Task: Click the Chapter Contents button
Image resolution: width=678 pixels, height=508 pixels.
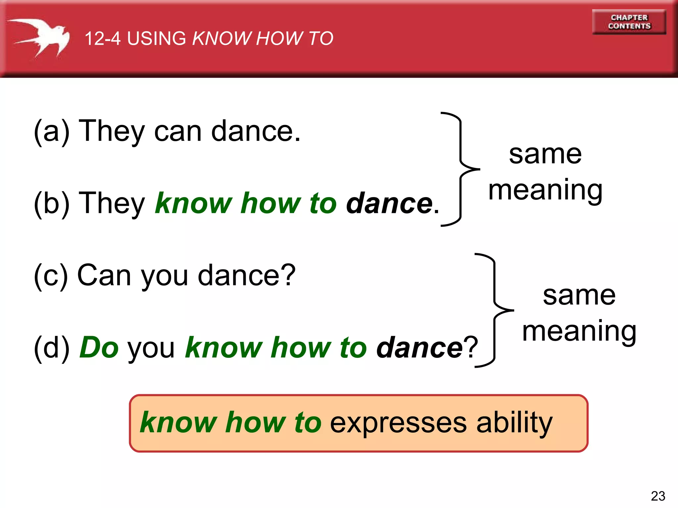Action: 629,22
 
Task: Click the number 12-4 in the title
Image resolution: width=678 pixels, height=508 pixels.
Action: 102,38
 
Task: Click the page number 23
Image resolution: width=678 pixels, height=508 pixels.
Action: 658,496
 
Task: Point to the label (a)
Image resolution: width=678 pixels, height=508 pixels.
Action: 52,131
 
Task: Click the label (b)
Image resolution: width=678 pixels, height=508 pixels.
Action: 52,203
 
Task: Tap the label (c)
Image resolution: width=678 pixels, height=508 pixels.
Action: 51,275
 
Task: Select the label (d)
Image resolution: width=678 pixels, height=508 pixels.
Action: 52,348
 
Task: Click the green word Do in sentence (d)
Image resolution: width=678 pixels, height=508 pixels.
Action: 99,348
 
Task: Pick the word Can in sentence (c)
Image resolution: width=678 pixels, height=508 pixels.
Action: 104,275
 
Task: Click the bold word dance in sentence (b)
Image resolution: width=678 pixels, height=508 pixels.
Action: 389,203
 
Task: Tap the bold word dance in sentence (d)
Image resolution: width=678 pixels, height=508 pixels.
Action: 419,348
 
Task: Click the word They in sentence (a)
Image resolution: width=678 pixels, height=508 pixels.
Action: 112,131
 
